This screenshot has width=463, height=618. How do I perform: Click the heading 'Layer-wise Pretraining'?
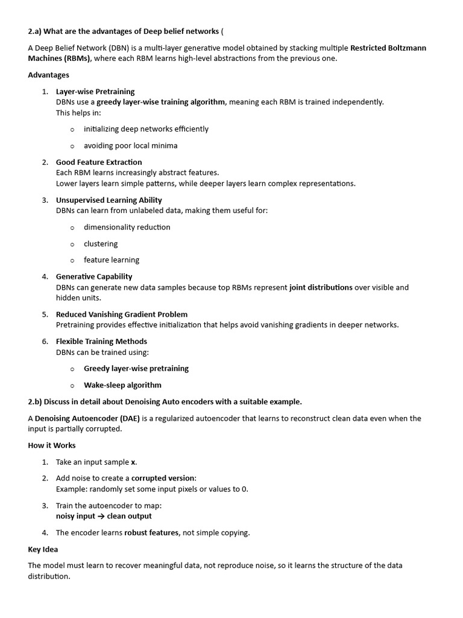tap(95, 92)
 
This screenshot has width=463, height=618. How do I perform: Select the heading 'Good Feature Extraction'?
tap(99, 162)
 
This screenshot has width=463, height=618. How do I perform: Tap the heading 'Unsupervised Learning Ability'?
tap(109, 200)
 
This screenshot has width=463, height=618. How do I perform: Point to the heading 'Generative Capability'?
tap(94, 277)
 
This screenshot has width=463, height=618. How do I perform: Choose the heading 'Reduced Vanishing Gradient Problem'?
tap(122, 314)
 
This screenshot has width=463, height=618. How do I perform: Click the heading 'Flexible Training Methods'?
tap(101, 342)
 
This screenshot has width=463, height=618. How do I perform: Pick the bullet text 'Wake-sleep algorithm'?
tap(122, 385)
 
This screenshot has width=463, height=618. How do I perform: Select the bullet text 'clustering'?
tap(101, 244)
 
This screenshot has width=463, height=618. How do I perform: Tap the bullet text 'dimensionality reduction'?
tap(127, 228)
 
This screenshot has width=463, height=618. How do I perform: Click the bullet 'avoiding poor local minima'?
tap(130, 146)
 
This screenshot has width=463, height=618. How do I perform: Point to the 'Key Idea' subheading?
tap(43, 550)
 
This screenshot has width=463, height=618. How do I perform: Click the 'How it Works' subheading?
tap(52, 445)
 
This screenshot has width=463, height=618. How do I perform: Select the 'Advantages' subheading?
tap(48, 75)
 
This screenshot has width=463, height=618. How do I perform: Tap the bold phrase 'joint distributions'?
tap(321, 288)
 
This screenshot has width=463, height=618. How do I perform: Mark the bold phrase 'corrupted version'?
tap(163, 479)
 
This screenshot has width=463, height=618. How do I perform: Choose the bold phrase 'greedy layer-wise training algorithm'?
tap(161, 102)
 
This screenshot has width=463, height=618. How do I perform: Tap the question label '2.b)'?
tap(36, 402)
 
